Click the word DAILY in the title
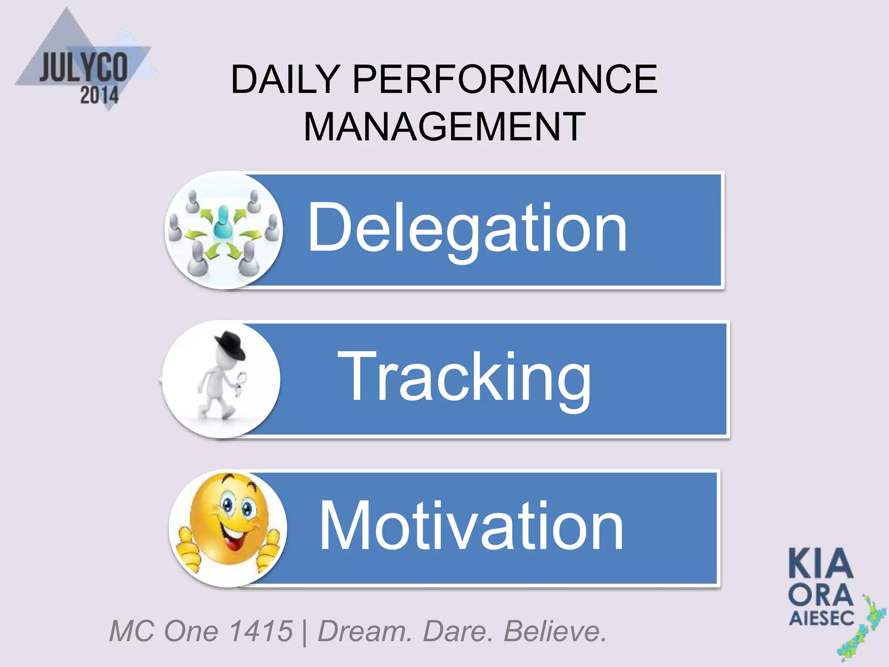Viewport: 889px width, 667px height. point(285,79)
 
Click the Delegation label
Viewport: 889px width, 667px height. point(467,228)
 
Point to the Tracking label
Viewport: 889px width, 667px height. point(464,377)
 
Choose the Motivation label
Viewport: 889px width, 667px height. point(471,526)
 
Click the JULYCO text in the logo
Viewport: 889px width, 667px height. point(84,67)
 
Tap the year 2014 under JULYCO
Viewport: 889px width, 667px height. point(99,95)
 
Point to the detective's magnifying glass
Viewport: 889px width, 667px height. point(241,379)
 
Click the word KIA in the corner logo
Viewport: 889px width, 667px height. point(821,564)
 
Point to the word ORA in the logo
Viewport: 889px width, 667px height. point(820,594)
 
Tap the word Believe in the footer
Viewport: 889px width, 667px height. point(554,631)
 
